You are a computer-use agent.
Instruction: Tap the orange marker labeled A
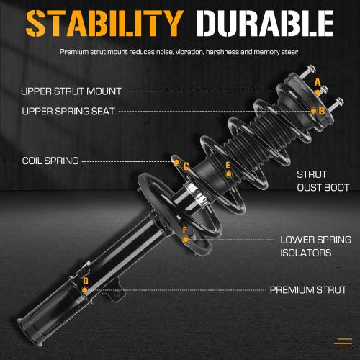pos(318,84)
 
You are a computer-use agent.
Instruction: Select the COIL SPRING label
pos(50,161)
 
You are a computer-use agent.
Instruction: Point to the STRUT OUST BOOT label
pos(312,181)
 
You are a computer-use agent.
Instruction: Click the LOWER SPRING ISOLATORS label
pos(315,246)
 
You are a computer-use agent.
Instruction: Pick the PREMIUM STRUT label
pos(307,291)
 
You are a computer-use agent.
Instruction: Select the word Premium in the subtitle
pos(74,53)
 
